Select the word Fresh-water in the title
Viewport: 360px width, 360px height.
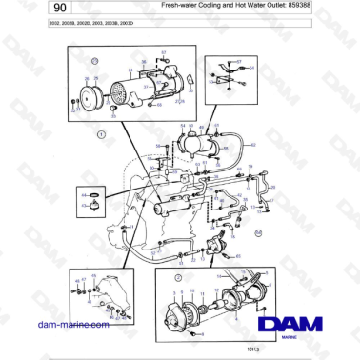click(182, 6)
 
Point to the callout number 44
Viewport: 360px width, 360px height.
click(84, 196)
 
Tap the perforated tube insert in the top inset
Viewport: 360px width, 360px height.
click(121, 95)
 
